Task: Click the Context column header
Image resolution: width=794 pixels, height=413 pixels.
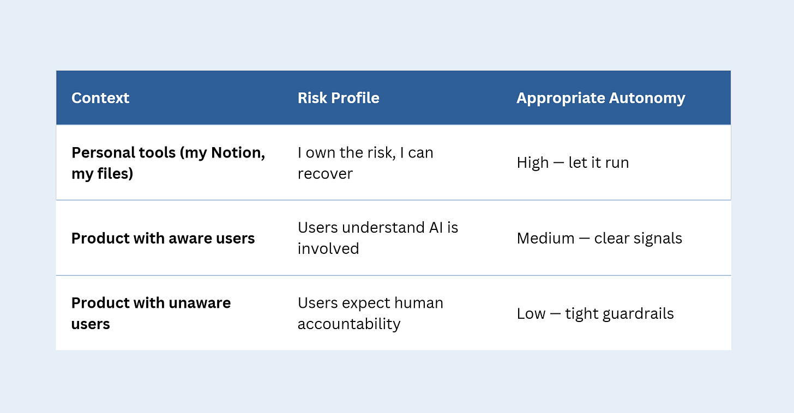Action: click(100, 98)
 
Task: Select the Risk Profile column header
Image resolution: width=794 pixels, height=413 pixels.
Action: click(338, 98)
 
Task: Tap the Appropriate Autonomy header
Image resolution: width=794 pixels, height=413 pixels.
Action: click(600, 98)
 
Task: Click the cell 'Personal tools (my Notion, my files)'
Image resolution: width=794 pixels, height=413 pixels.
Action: click(168, 163)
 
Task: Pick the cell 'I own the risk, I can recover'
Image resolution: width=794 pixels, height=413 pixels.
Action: click(365, 163)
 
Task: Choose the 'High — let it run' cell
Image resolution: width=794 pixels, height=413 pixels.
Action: click(573, 163)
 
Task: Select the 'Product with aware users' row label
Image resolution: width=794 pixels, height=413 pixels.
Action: click(163, 238)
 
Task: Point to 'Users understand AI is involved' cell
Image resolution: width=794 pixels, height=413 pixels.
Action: click(377, 238)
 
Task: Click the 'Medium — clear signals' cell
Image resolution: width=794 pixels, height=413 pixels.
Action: click(599, 238)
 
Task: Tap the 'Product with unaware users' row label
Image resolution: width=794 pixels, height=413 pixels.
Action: click(151, 313)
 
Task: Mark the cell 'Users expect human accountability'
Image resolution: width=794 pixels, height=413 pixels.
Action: click(370, 313)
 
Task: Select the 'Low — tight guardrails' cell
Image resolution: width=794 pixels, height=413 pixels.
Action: click(595, 313)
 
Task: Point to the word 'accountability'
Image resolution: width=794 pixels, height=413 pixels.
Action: click(349, 324)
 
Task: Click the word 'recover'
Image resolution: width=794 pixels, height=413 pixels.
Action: click(325, 174)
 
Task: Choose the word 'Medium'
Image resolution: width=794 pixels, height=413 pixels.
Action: click(545, 238)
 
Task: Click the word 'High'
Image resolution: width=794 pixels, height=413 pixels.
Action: click(533, 163)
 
